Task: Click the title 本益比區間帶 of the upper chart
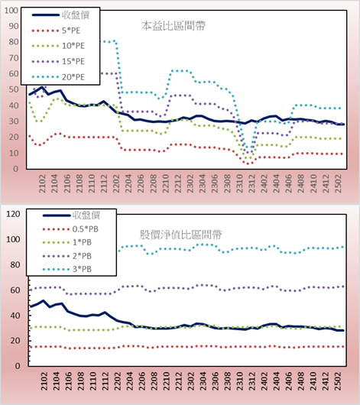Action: [174, 26]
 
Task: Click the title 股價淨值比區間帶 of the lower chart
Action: [181, 235]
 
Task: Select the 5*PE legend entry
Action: [71, 31]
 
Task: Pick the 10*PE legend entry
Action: [73, 46]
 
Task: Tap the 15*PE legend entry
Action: [73, 61]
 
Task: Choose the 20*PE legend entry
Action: [73, 77]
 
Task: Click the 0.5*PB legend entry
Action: [86, 229]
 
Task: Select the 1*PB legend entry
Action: [82, 242]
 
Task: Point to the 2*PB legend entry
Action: [82, 256]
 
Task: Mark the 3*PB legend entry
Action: [82, 269]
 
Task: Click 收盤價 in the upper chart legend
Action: [76, 15]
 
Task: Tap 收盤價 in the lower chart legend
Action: [86, 215]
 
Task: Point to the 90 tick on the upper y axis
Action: [14, 26]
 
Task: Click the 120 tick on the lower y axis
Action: [13, 214]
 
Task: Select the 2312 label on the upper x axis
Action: [251, 183]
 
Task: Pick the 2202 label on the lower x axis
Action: [118, 381]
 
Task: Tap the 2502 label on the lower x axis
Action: [338, 381]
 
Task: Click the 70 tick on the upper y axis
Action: [14, 58]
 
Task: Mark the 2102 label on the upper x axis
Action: [42, 183]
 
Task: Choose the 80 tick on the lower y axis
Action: [15, 264]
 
